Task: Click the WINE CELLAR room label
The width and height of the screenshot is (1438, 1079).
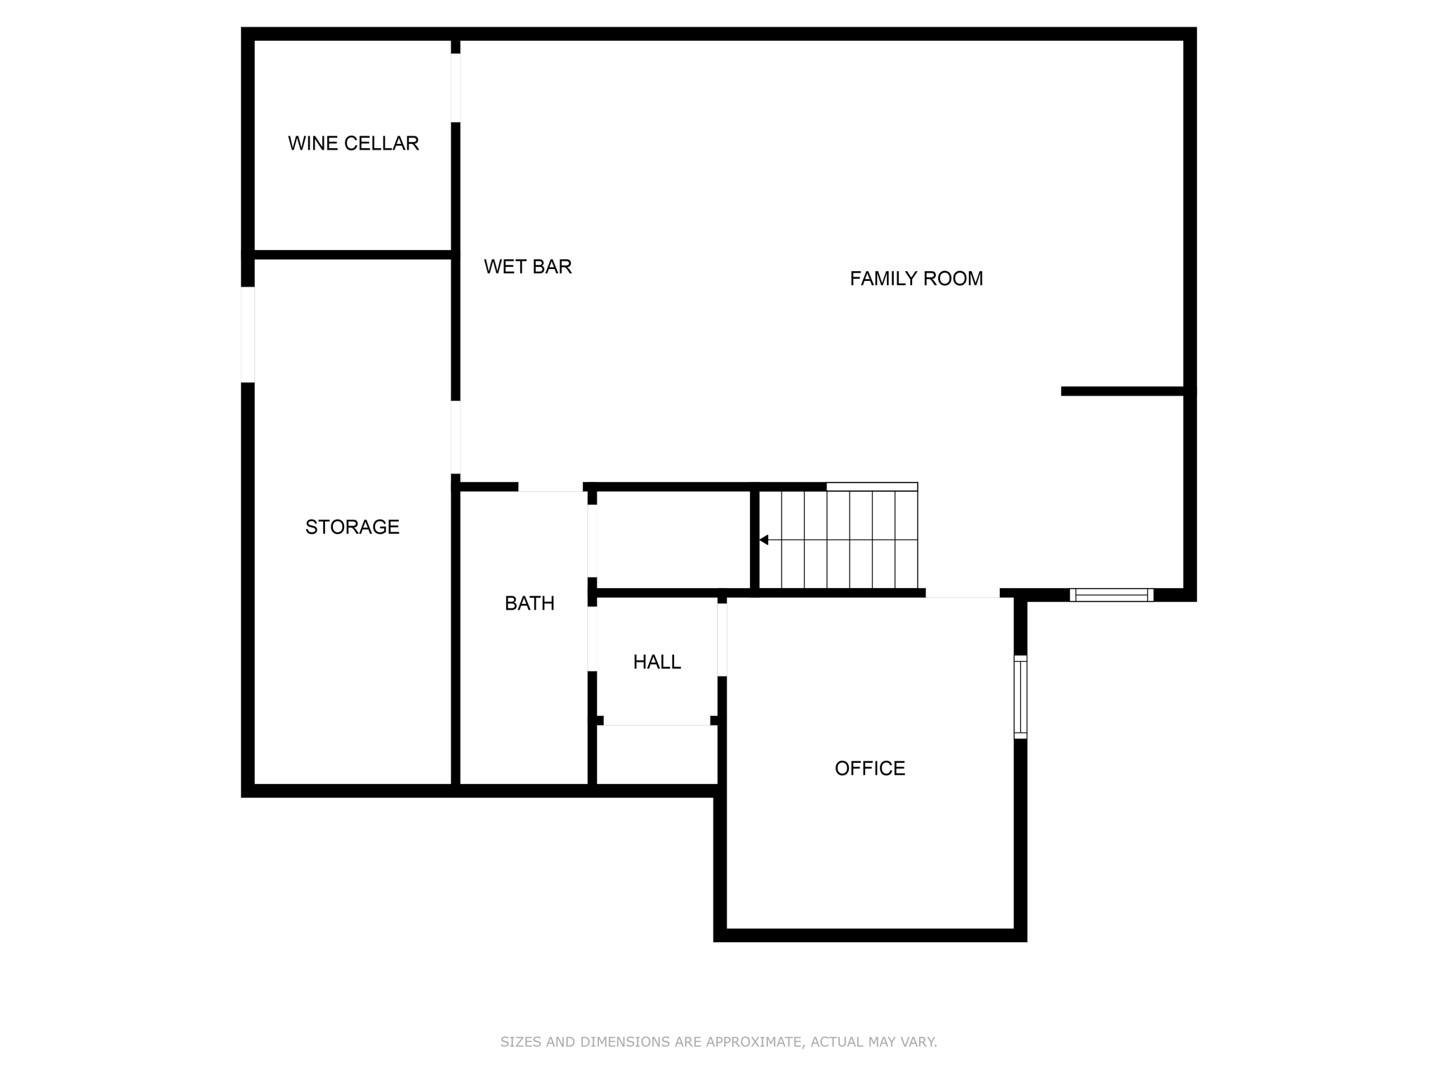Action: [x=353, y=143]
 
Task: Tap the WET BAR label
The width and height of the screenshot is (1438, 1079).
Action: [x=528, y=267]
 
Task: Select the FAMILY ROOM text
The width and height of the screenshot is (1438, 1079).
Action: [x=916, y=279]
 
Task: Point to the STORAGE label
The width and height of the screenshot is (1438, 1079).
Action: [x=352, y=527]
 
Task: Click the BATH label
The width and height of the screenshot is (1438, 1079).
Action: [x=529, y=603]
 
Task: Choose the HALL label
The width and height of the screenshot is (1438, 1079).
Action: [x=657, y=662]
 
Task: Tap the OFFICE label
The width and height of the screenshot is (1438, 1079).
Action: [x=870, y=769]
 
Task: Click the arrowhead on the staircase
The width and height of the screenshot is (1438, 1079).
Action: [x=764, y=539]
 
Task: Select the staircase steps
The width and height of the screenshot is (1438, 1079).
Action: [x=839, y=539]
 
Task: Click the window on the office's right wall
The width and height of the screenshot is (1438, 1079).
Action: [x=1020, y=697]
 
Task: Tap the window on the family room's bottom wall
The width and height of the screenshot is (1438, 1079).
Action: [x=1112, y=595]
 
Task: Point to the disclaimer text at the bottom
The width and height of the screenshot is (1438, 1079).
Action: [x=718, y=1042]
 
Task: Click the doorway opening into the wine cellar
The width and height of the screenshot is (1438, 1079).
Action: [x=456, y=88]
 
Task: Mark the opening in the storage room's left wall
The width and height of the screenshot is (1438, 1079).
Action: [x=247, y=334]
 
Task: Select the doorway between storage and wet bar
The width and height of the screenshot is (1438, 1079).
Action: [x=456, y=437]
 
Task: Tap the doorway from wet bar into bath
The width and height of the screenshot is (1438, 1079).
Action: [x=550, y=487]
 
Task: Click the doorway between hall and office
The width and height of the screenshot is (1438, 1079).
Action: [x=722, y=639]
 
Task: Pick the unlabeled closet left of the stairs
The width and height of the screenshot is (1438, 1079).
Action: [x=673, y=539]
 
